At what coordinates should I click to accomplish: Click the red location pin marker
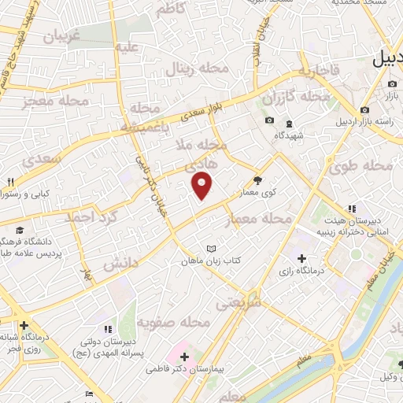tap(202, 186)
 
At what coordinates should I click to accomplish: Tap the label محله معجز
tap(48, 101)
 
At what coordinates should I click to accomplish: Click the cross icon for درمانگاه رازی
tap(302, 258)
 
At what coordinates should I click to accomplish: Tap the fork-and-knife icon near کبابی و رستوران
tap(10, 182)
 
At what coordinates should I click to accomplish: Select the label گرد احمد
tap(90, 215)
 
